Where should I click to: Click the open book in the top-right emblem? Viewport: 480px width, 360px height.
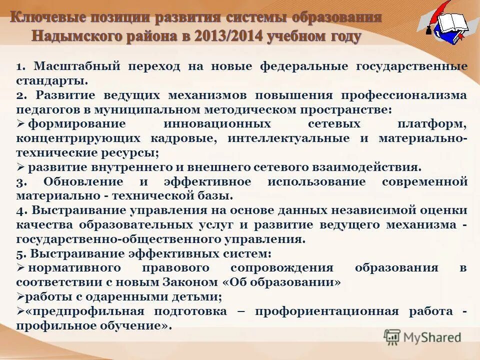[452, 23]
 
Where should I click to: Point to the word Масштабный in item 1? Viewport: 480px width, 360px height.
[76, 66]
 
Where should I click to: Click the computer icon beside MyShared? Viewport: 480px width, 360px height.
[392, 337]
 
